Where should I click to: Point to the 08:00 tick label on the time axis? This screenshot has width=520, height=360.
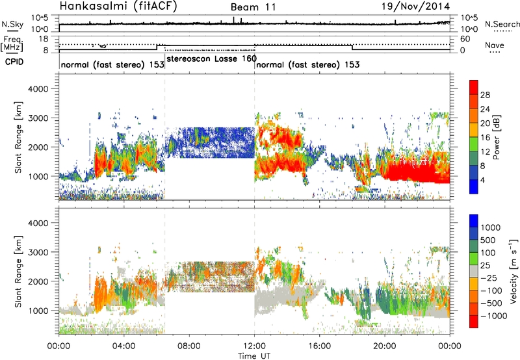tap(189, 345)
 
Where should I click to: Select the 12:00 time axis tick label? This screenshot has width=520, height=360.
tap(254, 345)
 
